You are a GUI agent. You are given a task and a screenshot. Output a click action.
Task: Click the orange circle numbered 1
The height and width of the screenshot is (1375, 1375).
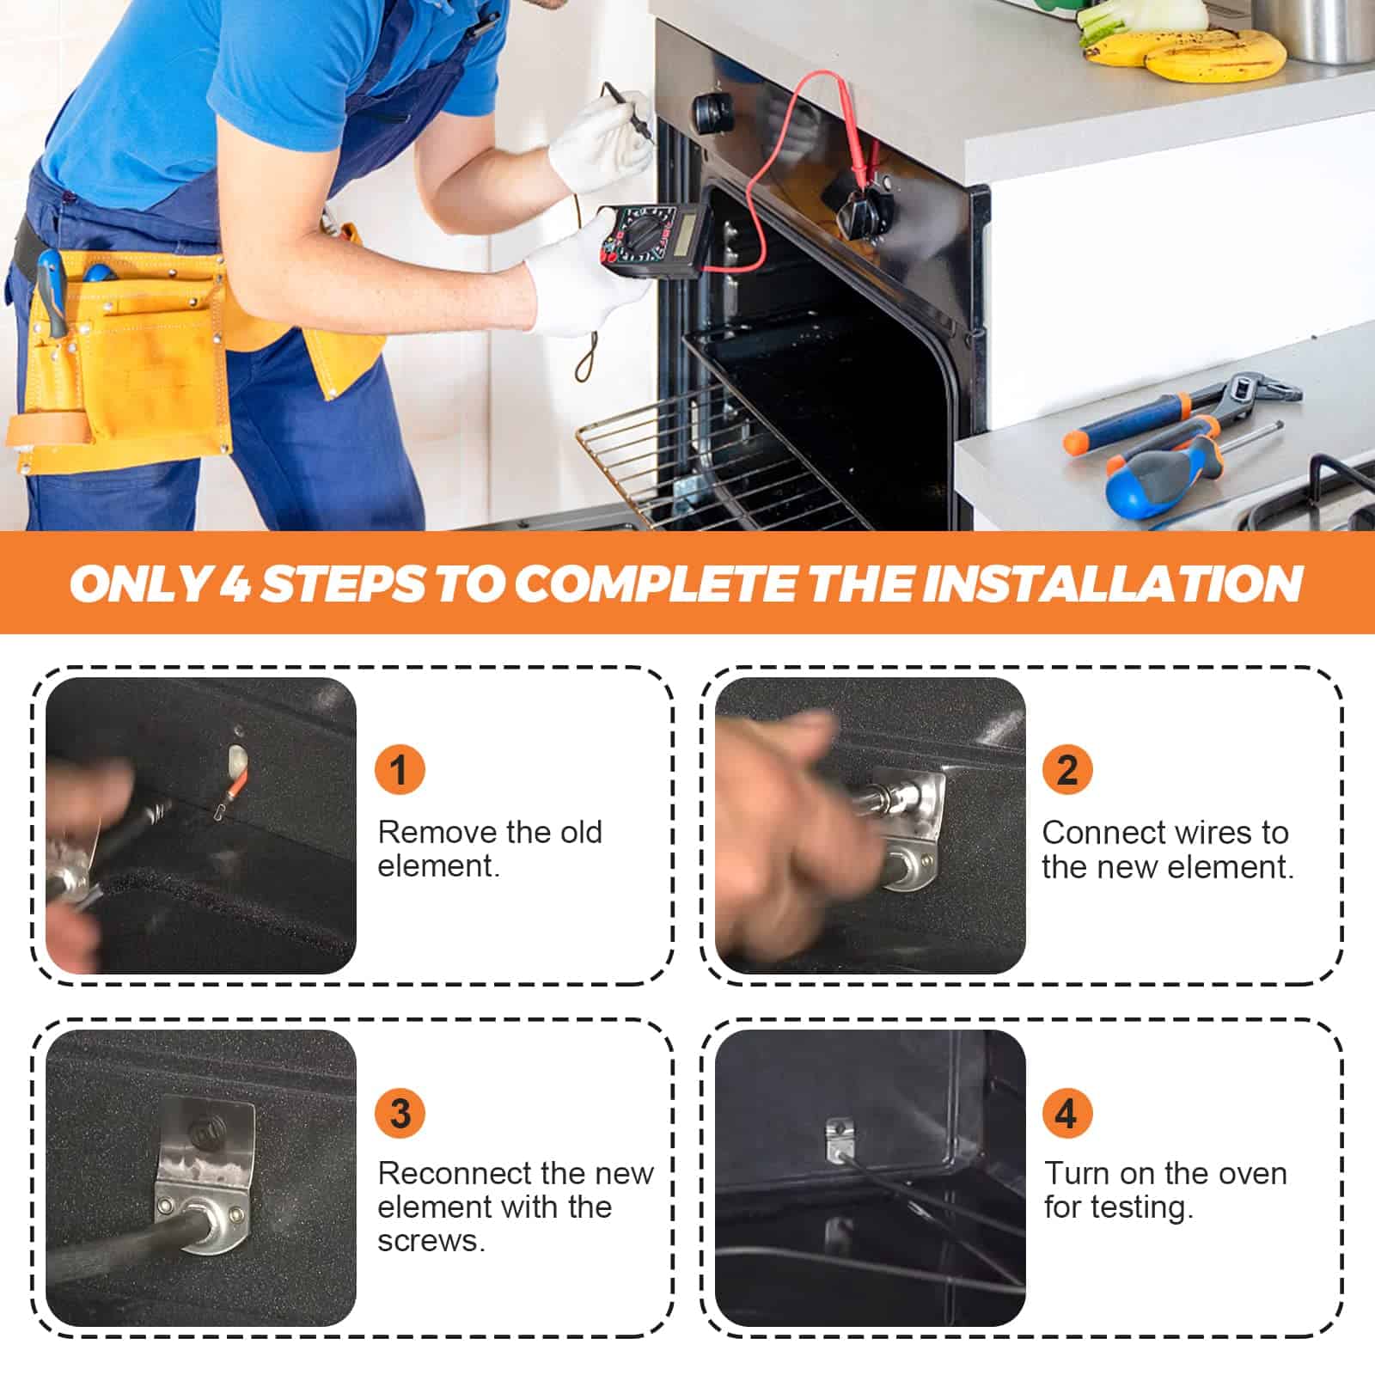click(x=400, y=769)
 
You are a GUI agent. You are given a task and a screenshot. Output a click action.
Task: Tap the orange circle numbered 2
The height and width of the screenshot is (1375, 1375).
click(x=1066, y=769)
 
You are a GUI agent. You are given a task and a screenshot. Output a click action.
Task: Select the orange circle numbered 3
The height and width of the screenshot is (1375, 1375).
click(x=400, y=1113)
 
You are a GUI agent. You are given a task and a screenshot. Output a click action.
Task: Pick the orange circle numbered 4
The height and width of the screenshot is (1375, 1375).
click(x=1066, y=1113)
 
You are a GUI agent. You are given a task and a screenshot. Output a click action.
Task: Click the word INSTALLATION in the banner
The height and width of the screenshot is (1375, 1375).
click(x=1113, y=584)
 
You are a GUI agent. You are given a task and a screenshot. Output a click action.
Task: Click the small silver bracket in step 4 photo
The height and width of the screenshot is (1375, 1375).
click(x=838, y=1139)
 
